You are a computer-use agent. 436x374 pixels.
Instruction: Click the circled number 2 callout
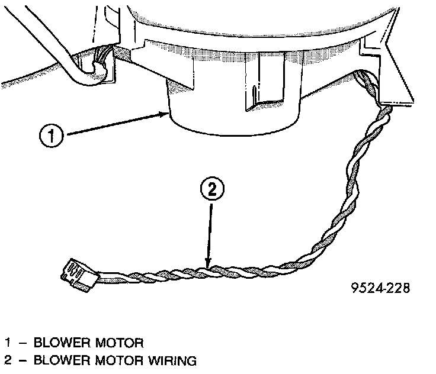(212, 190)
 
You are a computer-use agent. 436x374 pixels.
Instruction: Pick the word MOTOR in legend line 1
(114, 343)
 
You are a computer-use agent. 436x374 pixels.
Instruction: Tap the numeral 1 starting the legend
(8, 343)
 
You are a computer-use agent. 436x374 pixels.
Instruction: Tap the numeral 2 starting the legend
(8, 360)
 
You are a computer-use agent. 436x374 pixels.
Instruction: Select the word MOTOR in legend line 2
(114, 360)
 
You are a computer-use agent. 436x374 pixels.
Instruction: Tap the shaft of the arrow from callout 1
(113, 125)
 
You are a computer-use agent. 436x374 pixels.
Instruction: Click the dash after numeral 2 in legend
(22, 360)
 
